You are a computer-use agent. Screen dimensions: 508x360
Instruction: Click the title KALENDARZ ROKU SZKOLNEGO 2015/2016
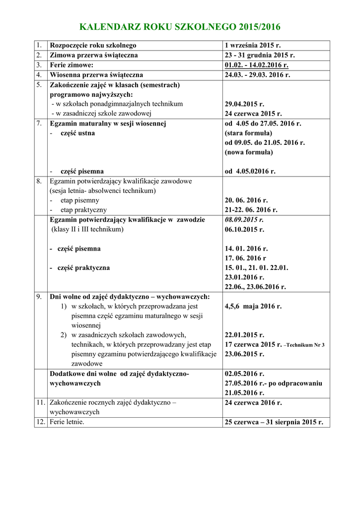(180, 27)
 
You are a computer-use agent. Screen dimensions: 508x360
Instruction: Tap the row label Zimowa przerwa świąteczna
(94, 55)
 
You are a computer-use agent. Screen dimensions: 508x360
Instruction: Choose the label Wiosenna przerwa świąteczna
(97, 75)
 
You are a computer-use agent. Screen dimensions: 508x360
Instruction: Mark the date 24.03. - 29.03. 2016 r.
(257, 75)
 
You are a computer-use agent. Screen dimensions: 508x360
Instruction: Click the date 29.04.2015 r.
(244, 104)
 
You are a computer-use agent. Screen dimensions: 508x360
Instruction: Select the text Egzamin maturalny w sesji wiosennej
(108, 124)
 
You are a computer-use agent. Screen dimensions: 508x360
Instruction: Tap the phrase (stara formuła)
(248, 133)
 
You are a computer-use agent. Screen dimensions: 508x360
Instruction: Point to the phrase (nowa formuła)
(249, 152)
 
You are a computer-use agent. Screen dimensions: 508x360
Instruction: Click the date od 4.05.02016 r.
(250, 171)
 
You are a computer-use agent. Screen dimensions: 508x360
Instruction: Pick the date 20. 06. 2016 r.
(246, 200)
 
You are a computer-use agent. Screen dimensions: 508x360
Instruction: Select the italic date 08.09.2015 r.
(244, 219)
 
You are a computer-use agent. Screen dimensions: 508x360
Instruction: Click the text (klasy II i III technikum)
(87, 229)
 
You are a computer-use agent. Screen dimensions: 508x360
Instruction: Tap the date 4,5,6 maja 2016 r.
(253, 306)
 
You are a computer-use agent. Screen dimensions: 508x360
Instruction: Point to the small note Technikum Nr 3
(304, 345)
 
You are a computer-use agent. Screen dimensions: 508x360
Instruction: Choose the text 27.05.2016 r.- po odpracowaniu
(274, 383)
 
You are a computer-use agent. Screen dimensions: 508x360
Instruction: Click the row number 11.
(40, 403)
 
